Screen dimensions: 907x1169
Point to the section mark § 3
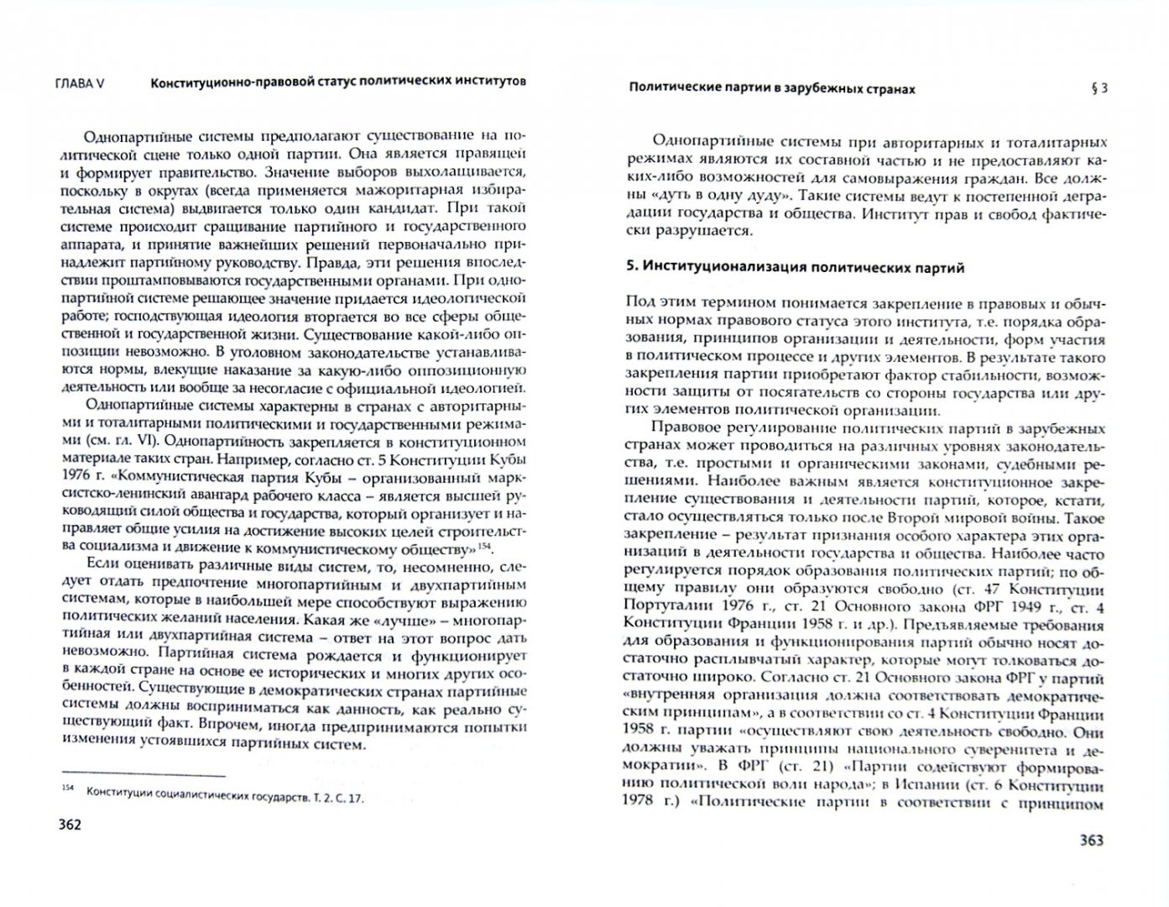tap(1099, 87)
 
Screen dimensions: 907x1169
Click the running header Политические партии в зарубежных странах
tap(772, 87)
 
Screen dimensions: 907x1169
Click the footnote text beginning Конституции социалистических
tap(226, 797)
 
